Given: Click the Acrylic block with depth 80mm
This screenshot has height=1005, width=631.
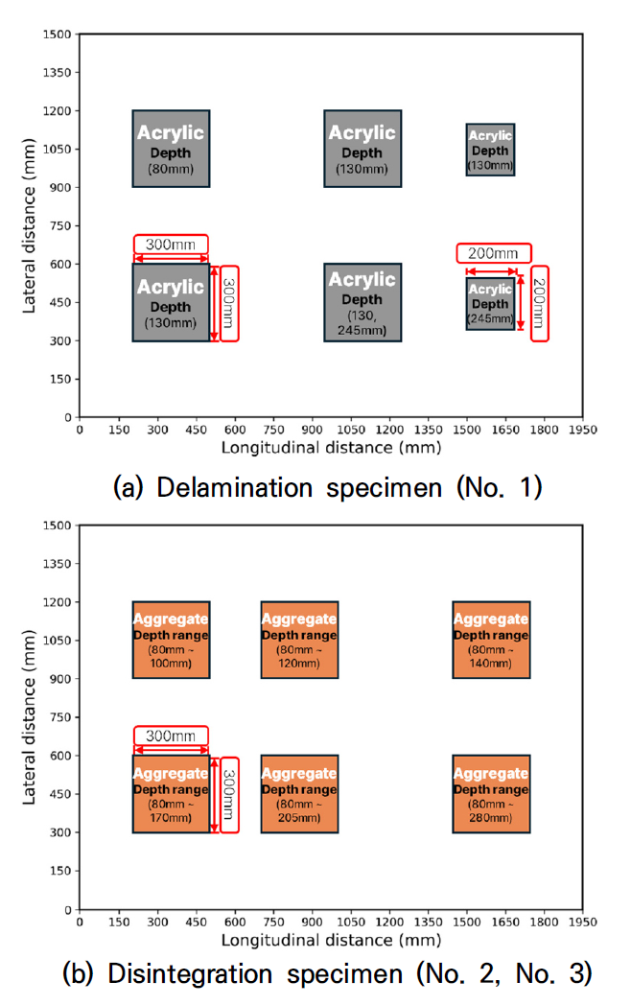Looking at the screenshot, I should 171,149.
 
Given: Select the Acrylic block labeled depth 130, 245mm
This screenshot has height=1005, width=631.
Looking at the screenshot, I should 362,302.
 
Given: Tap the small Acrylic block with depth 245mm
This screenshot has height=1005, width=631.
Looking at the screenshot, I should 490,303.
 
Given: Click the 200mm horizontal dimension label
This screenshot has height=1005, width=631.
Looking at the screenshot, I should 492,254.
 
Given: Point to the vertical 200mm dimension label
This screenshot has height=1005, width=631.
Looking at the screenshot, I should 540,303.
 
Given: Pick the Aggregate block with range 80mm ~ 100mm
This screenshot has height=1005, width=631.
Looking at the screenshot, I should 171,640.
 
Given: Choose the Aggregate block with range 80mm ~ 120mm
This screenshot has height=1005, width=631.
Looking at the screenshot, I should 299,640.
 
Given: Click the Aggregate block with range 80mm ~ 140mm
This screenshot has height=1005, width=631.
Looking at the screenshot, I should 491,640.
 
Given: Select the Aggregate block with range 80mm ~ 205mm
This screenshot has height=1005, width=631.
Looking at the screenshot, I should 299,793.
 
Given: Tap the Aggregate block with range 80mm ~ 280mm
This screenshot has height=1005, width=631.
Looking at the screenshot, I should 491,793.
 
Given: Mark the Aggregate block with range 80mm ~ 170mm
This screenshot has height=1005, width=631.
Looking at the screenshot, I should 171,793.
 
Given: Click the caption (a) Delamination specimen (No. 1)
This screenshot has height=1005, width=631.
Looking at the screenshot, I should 328,487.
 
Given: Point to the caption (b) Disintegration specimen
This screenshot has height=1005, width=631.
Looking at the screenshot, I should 327,976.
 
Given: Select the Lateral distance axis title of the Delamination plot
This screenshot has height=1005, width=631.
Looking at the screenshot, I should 30,226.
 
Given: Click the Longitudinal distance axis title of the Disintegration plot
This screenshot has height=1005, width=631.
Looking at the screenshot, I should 331,939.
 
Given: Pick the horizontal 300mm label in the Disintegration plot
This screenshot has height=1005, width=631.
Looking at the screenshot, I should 171,736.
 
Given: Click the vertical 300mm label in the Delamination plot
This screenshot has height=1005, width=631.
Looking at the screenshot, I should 229,303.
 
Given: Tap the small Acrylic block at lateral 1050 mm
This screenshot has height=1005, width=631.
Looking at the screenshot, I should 490,150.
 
